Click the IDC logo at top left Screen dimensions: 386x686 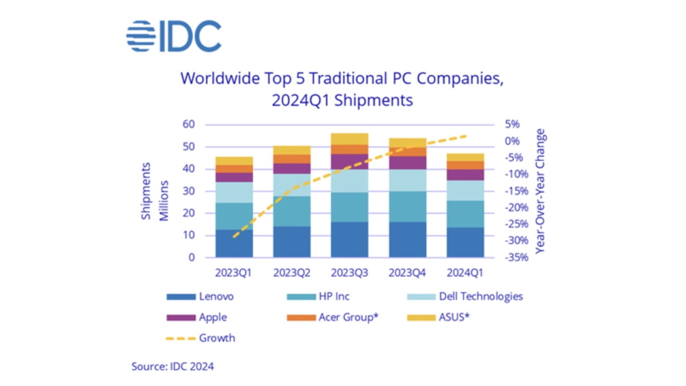tap(174, 36)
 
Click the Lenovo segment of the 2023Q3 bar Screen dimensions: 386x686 tap(349, 240)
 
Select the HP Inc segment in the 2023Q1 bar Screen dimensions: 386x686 tap(234, 216)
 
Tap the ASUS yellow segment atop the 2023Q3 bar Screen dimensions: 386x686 tap(349, 138)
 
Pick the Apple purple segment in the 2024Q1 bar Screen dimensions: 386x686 tap(465, 175)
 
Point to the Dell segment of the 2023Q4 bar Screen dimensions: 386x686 tap(407, 180)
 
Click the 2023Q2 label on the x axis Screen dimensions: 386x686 tap(292, 273)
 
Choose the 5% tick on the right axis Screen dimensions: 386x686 tap(512, 124)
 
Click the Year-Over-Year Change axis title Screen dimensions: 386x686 tap(540, 191)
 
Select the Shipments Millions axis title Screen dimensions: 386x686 tap(155, 191)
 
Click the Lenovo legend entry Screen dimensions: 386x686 tap(216, 296)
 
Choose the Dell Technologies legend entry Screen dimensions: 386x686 tap(480, 296)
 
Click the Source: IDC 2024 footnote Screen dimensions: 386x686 tap(173, 367)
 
